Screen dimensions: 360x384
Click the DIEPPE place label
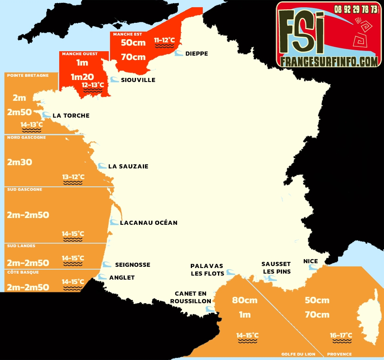point(196,54)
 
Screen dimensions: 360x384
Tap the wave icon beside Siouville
point(115,80)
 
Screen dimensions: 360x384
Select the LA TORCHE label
point(71,116)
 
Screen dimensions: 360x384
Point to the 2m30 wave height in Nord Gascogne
point(20,162)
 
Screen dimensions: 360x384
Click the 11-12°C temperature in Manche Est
point(165,40)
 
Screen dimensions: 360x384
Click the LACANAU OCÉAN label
point(148,222)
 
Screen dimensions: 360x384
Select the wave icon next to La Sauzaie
point(102,166)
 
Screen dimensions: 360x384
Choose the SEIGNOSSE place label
point(132,265)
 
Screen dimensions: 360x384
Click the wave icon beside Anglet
point(103,277)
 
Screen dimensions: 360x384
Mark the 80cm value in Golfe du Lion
point(245,300)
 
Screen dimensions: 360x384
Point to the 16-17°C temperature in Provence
point(341,335)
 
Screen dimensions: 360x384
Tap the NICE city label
point(310,261)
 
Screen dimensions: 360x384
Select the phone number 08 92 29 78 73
point(356,9)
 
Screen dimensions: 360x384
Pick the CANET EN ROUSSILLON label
point(190,297)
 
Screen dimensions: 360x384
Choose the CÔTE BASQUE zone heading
point(22,272)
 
